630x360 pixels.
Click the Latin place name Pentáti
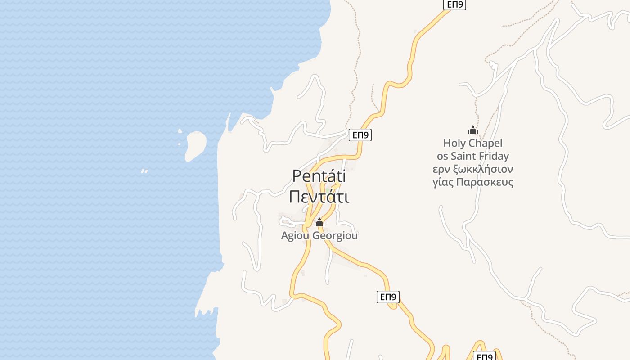tap(319, 176)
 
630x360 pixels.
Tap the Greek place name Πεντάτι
tap(319, 197)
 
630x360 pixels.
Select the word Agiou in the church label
tap(295, 235)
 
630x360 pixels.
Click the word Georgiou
tap(335, 235)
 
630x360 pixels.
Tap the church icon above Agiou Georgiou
tap(319, 222)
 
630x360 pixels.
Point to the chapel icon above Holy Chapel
tap(472, 130)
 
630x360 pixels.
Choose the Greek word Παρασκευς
tap(485, 182)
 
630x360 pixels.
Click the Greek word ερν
tap(441, 169)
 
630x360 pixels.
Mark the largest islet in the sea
tap(195, 145)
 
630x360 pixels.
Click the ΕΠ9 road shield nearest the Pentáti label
tap(360, 135)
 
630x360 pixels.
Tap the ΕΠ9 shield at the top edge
tap(454, 4)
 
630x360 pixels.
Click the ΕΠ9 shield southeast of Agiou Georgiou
tap(388, 297)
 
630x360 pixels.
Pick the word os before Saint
tap(442, 156)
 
